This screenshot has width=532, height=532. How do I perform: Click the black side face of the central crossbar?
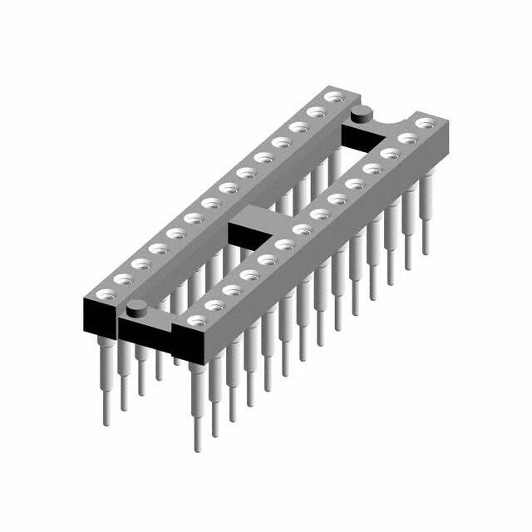point(247,235)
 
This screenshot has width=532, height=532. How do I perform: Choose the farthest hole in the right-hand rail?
point(425,122)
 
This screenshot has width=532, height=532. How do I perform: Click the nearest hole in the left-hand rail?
point(106,293)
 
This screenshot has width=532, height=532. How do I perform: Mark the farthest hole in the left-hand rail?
point(334,98)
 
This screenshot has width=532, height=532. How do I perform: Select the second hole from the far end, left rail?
point(315,111)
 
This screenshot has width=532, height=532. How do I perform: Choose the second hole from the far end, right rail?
point(406,137)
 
